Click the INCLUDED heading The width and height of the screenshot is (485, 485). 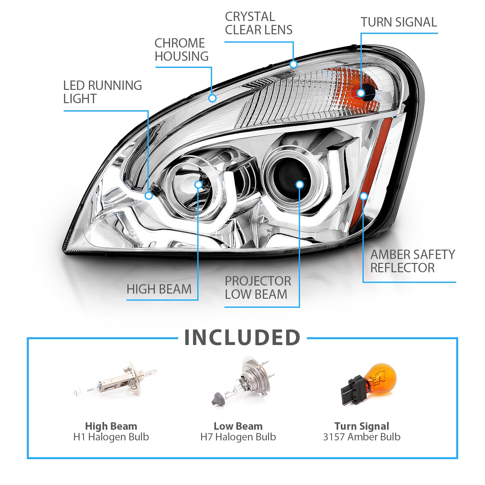coord(242,338)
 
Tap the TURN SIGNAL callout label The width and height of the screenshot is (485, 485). coord(399,22)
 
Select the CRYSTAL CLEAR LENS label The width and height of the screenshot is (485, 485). coord(258,23)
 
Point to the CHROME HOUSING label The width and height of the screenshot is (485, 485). coord(181,50)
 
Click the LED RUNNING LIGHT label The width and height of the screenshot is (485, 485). coord(102,92)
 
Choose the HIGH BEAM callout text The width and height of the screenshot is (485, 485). coord(159,289)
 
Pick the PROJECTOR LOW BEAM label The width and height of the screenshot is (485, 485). coord(258,288)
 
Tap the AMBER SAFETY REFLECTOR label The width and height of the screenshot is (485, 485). coord(412,261)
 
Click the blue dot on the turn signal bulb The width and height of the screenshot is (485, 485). coord(361,93)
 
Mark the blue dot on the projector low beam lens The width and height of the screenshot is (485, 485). coord(300,185)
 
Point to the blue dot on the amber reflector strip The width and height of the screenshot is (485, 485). coord(364,196)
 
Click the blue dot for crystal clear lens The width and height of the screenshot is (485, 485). coord(293,64)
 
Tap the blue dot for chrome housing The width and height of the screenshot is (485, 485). coord(212,98)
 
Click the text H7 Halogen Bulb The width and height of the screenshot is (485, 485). coord(238,437)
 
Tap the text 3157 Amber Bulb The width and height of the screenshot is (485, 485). coord(361,437)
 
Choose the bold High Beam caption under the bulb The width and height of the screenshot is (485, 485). coord(111,426)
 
